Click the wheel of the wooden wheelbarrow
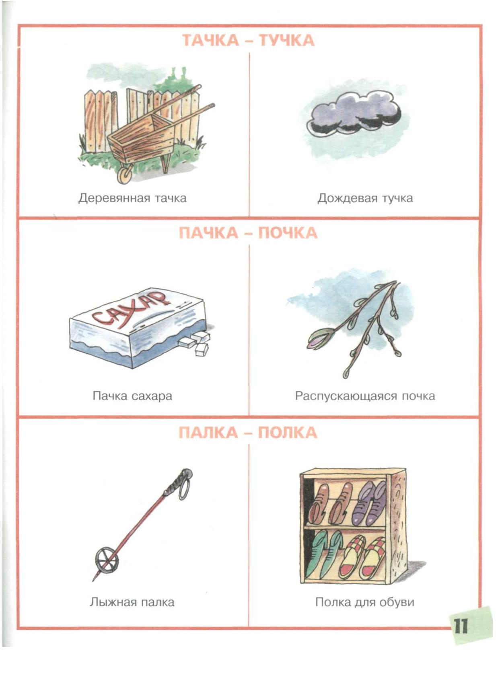125,175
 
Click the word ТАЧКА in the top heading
210,41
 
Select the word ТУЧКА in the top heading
286,41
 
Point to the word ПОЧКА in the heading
288,234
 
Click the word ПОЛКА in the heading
287,433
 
